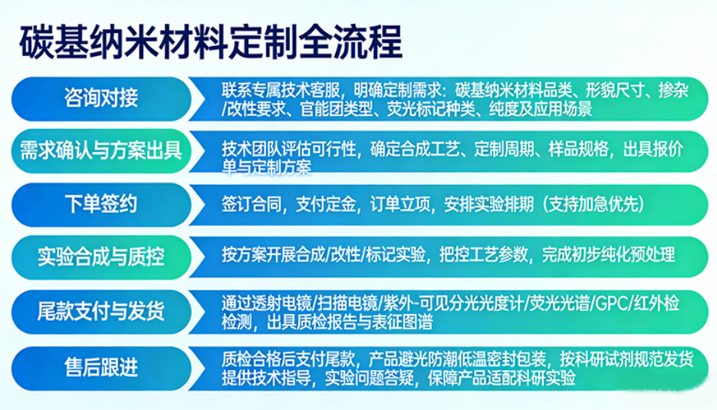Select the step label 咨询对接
[101, 98]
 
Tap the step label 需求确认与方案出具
[101, 150]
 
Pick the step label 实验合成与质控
[101, 256]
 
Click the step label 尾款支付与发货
[101, 311]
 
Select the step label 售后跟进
[101, 365]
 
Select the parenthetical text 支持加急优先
[594, 204]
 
